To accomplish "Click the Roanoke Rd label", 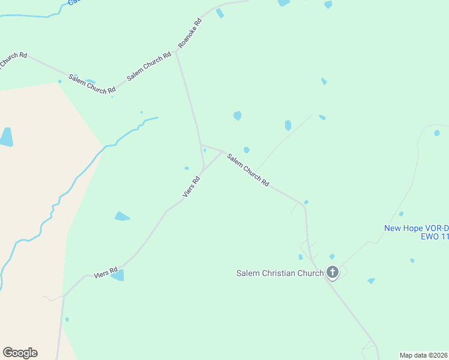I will click(190, 34).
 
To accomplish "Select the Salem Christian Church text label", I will click(280, 274).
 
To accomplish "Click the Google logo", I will click(20, 353).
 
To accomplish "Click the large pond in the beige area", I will click(6, 137).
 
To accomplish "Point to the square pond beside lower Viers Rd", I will click(118, 275).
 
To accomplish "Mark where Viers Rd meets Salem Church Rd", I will click(222, 151).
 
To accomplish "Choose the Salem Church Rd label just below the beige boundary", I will click(92, 84).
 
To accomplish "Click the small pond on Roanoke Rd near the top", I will click(220, 13).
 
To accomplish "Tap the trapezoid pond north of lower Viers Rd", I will click(122, 216).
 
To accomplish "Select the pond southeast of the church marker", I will click(371, 280).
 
